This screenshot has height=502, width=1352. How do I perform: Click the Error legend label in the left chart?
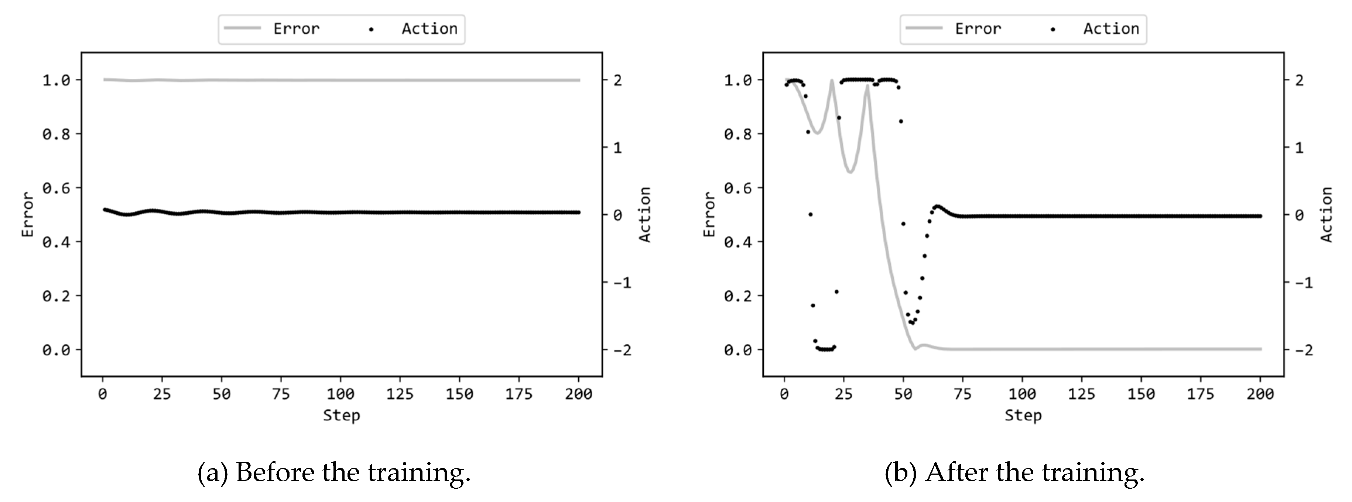(x=296, y=29)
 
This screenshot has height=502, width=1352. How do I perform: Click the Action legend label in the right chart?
(x=1111, y=29)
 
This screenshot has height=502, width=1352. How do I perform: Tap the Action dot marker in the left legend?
(x=371, y=30)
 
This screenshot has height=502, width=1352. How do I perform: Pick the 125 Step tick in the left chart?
(x=400, y=394)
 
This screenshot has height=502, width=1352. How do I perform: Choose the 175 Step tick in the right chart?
(x=1201, y=394)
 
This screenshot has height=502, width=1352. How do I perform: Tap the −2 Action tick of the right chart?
(x=1303, y=350)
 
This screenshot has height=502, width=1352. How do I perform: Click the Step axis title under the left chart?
(x=341, y=415)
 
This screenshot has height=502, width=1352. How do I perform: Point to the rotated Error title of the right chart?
(x=709, y=214)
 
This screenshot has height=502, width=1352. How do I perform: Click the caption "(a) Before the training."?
(x=334, y=472)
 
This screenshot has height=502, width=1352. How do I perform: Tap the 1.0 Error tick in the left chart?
(x=56, y=80)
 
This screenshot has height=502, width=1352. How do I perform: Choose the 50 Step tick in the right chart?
(x=903, y=394)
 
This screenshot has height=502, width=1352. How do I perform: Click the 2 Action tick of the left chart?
(x=618, y=80)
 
